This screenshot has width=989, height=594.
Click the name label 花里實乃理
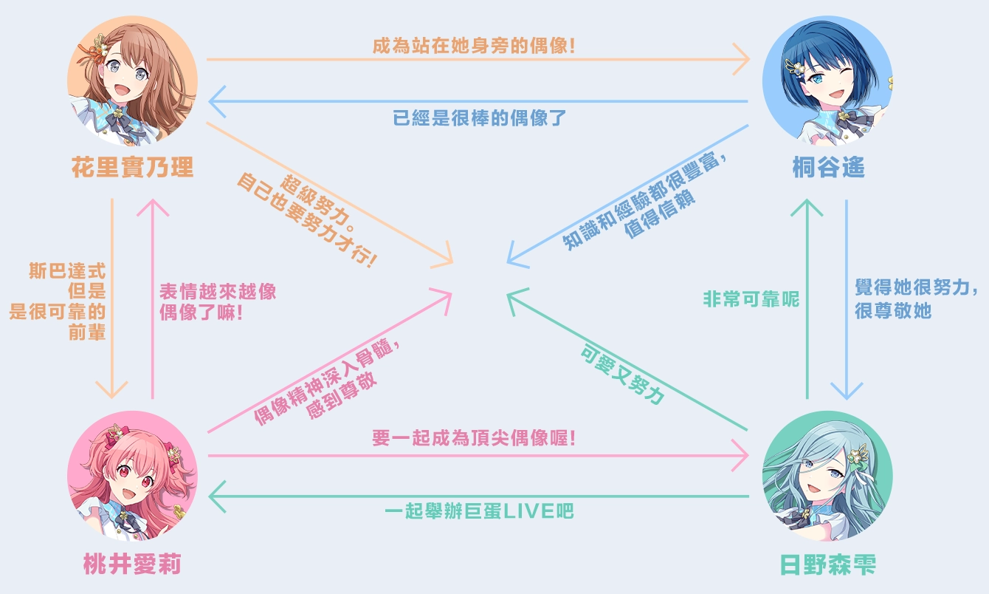pos(133,167)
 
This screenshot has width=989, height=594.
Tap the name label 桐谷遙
pos(827,167)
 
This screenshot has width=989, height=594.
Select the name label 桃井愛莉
pos(133,565)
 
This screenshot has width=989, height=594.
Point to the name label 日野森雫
pos(827,565)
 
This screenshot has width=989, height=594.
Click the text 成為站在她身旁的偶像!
pos(474,46)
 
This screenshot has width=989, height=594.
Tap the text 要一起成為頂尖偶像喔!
pos(474,438)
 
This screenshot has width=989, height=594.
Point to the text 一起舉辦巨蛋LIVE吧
pos(480,511)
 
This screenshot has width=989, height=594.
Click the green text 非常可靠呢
pos(751,300)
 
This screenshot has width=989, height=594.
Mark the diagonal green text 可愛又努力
pos(621,376)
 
